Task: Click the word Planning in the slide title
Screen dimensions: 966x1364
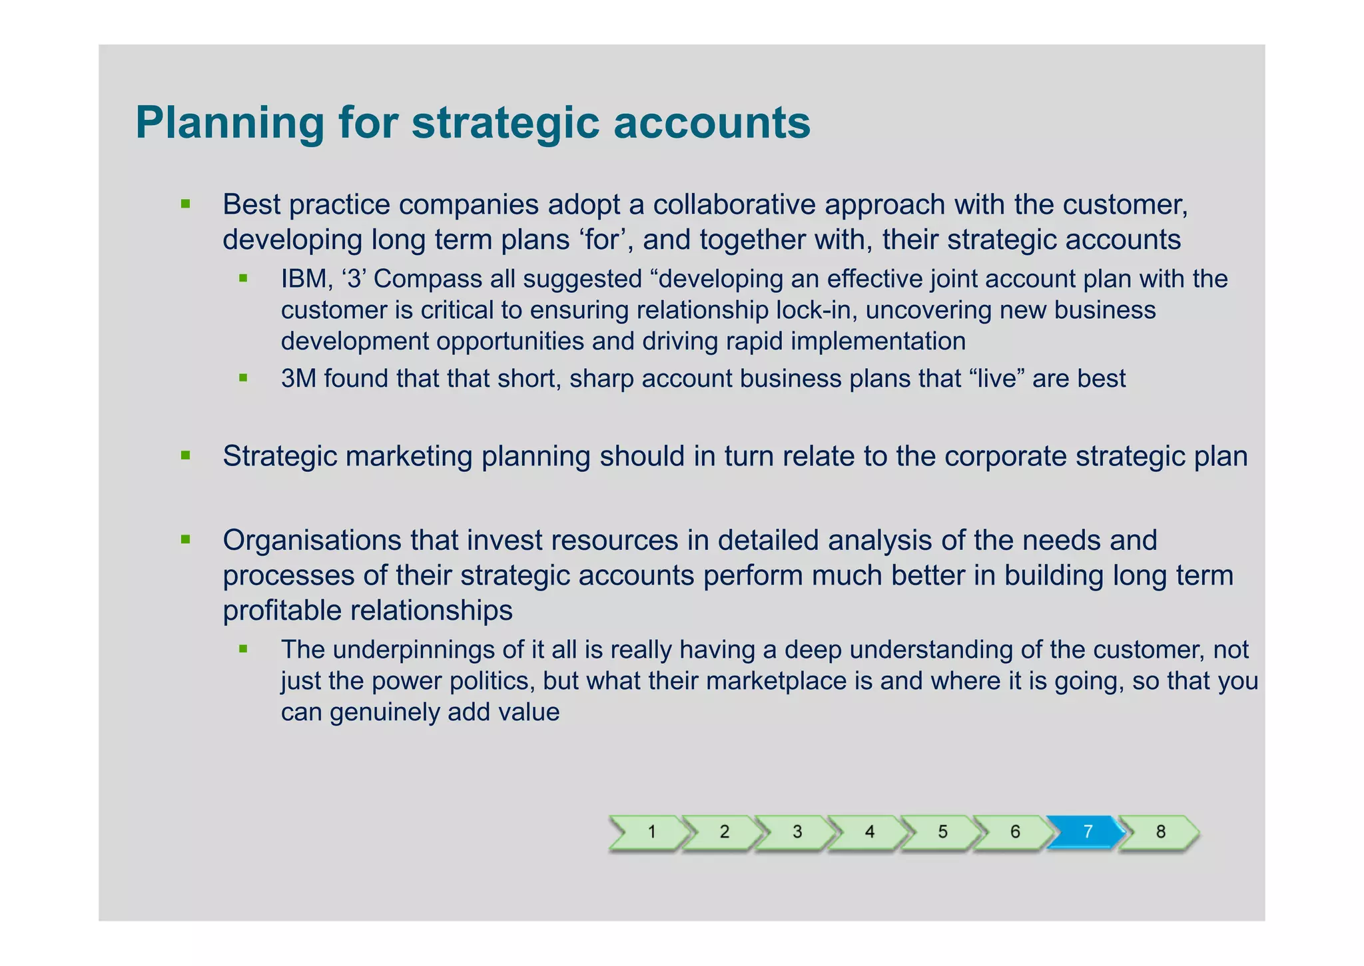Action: [230, 123]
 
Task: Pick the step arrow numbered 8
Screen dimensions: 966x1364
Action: [1160, 832]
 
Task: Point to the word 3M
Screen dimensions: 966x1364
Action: [299, 378]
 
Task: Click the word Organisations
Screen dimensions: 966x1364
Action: [312, 540]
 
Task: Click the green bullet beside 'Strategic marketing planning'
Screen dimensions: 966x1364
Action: [186, 456]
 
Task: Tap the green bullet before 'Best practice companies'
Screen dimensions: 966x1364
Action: [186, 204]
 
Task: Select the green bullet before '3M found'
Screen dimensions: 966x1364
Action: [243, 378]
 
